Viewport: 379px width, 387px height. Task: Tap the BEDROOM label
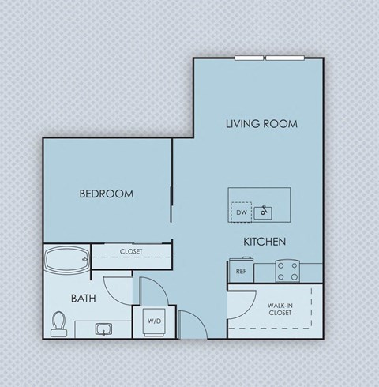pos(106,193)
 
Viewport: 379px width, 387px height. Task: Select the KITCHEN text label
pos(264,242)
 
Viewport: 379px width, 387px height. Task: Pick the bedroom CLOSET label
pos(131,251)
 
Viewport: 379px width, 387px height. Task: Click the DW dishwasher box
pos(241,212)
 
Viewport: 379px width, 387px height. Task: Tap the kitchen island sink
pos(262,212)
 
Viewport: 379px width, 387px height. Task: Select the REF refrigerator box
pos(240,271)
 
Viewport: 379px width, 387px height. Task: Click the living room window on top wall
pos(265,58)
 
